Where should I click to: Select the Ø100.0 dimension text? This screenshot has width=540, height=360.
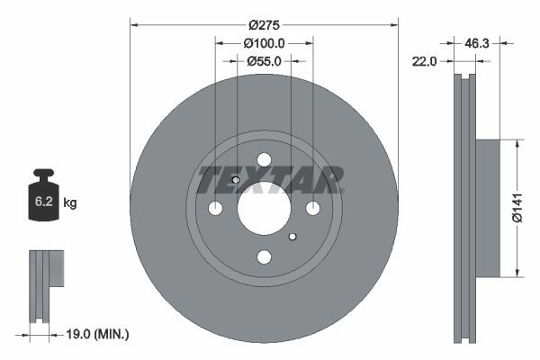[x=264, y=43]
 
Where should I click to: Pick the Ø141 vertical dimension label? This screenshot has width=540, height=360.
[x=517, y=208]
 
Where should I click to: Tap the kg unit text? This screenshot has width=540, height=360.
[x=69, y=203]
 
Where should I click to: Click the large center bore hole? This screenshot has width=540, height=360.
[x=264, y=208]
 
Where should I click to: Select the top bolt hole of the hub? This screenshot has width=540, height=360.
[x=264, y=160]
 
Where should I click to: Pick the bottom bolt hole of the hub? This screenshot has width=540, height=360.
[x=264, y=256]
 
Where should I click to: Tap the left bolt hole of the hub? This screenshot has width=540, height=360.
[x=215, y=208]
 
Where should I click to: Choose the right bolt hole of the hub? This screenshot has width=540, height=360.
[x=312, y=208]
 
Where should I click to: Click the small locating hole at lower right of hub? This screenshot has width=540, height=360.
[x=292, y=237]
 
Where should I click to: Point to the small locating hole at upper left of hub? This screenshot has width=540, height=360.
[x=235, y=179]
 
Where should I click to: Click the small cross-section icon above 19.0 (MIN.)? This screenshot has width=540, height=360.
[x=45, y=283]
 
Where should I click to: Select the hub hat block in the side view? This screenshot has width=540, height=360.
[x=487, y=208]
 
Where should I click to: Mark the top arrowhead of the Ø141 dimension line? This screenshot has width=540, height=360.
[x=517, y=142]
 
